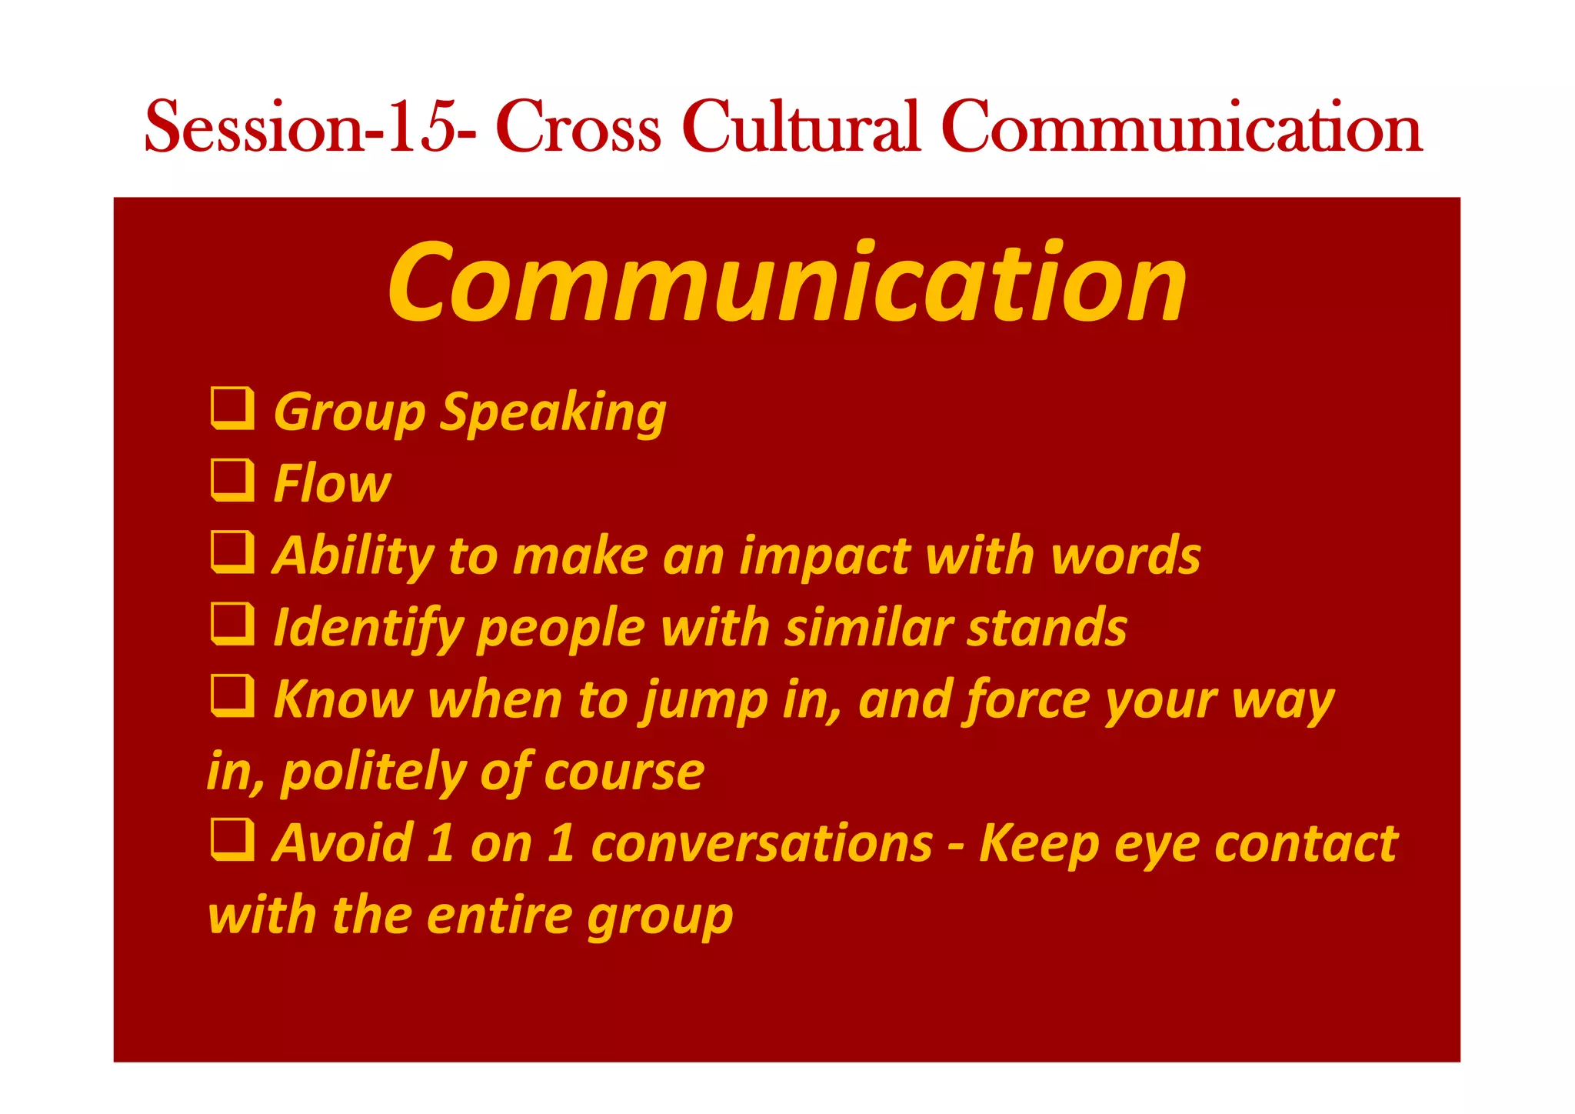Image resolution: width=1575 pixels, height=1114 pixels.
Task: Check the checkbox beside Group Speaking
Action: (232, 408)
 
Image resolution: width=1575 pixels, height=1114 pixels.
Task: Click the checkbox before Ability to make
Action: (232, 552)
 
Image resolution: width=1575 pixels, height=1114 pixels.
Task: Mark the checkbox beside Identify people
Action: (232, 623)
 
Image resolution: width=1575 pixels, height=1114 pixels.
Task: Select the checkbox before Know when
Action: (232, 695)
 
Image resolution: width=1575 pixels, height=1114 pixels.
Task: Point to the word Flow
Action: (332, 484)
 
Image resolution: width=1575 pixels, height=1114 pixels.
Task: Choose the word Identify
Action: (368, 629)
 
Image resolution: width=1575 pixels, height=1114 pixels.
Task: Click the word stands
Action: (1047, 628)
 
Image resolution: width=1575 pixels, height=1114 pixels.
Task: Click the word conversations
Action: (761, 844)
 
